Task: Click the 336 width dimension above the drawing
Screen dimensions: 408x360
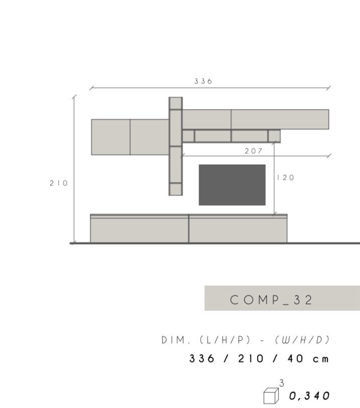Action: [x=203, y=81]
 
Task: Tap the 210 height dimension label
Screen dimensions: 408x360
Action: [x=58, y=183]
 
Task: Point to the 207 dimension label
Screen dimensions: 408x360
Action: [x=254, y=151]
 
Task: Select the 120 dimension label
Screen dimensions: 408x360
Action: [x=285, y=178]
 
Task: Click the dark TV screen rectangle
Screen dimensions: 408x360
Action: [x=232, y=185]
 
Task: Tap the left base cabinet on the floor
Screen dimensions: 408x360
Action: [x=139, y=230]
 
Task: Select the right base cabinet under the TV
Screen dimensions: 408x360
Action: [x=238, y=230]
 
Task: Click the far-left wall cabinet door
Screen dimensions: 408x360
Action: [x=110, y=137]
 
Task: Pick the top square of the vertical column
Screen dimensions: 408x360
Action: [x=176, y=103]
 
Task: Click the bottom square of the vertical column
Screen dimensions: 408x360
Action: [x=176, y=189]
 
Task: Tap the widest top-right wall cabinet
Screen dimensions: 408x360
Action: [x=280, y=120]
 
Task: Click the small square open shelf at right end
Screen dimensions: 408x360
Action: [x=274, y=136]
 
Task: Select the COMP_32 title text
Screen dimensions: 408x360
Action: [x=272, y=300]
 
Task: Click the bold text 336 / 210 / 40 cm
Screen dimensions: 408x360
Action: [x=259, y=359]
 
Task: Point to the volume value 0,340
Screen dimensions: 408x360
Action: [x=310, y=396]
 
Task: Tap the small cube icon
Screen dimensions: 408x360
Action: [x=271, y=395]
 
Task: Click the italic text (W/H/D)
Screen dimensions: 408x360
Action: [x=302, y=340]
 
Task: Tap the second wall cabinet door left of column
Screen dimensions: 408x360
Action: [x=150, y=137]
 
